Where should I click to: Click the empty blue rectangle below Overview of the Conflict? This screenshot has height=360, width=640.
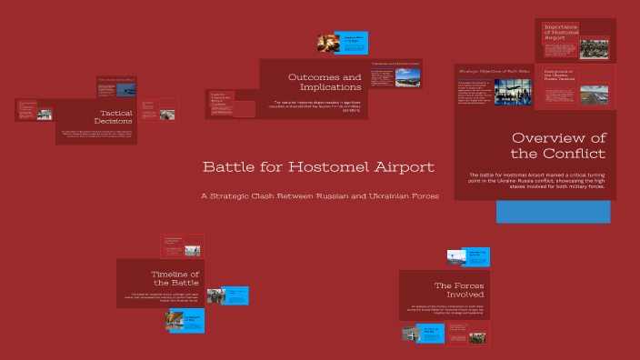(x=553, y=212)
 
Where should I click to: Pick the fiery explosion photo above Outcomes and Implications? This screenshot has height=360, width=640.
(x=328, y=42)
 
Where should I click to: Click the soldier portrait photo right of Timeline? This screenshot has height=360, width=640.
(x=215, y=295)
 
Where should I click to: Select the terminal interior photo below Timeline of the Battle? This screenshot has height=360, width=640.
(x=175, y=320)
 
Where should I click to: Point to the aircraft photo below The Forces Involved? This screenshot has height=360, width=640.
(x=411, y=334)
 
